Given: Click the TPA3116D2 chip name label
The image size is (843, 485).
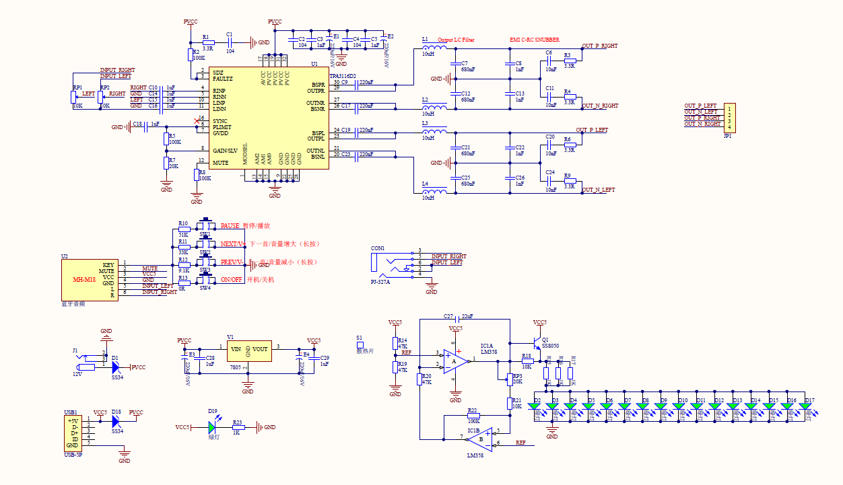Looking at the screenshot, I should tap(343, 76).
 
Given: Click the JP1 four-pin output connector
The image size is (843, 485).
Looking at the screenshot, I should tap(729, 118).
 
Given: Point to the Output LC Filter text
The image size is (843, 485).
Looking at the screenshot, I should tap(456, 40).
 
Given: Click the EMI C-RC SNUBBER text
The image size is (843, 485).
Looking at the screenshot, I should tap(535, 40).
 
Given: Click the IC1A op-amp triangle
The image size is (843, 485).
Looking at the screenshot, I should tap(456, 361).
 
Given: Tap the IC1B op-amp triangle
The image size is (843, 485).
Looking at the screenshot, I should tap(480, 439).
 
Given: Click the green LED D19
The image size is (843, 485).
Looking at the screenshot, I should tap(213, 427).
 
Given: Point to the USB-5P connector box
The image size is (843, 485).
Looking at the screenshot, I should tap(74, 433).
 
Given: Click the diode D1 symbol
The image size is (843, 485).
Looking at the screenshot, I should tap(116, 367).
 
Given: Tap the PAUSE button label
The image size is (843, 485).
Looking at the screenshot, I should tap(230, 226).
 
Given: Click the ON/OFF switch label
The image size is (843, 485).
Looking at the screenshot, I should tap(232, 279).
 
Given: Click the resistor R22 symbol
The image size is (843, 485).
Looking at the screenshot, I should tap(473, 416).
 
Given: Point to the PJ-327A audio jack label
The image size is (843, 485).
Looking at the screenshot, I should tap(380, 283).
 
